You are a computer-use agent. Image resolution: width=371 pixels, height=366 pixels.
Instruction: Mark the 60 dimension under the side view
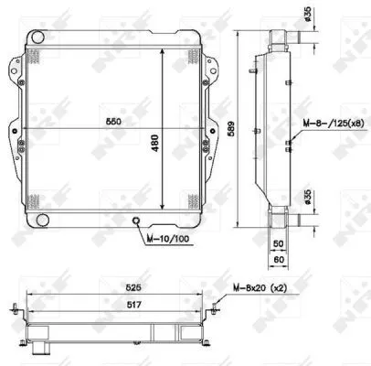(281, 261)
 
